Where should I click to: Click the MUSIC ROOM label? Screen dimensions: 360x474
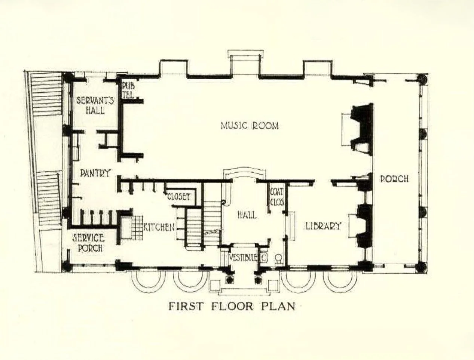coord(249,126)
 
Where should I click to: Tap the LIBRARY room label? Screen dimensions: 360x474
coord(323,226)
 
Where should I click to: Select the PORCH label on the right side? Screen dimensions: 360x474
coord(394,179)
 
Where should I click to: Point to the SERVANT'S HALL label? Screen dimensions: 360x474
coord(91,105)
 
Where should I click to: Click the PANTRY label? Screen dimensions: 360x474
coord(95,173)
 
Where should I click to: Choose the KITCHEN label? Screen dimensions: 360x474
coord(159,227)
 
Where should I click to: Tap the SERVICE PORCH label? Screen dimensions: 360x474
coord(88,243)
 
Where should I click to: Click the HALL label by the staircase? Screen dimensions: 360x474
coord(247,215)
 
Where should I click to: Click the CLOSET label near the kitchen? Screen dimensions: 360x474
coord(179,197)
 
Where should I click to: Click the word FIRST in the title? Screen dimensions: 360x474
coord(186,306)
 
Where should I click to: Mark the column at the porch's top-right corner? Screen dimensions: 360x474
coord(422,79)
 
